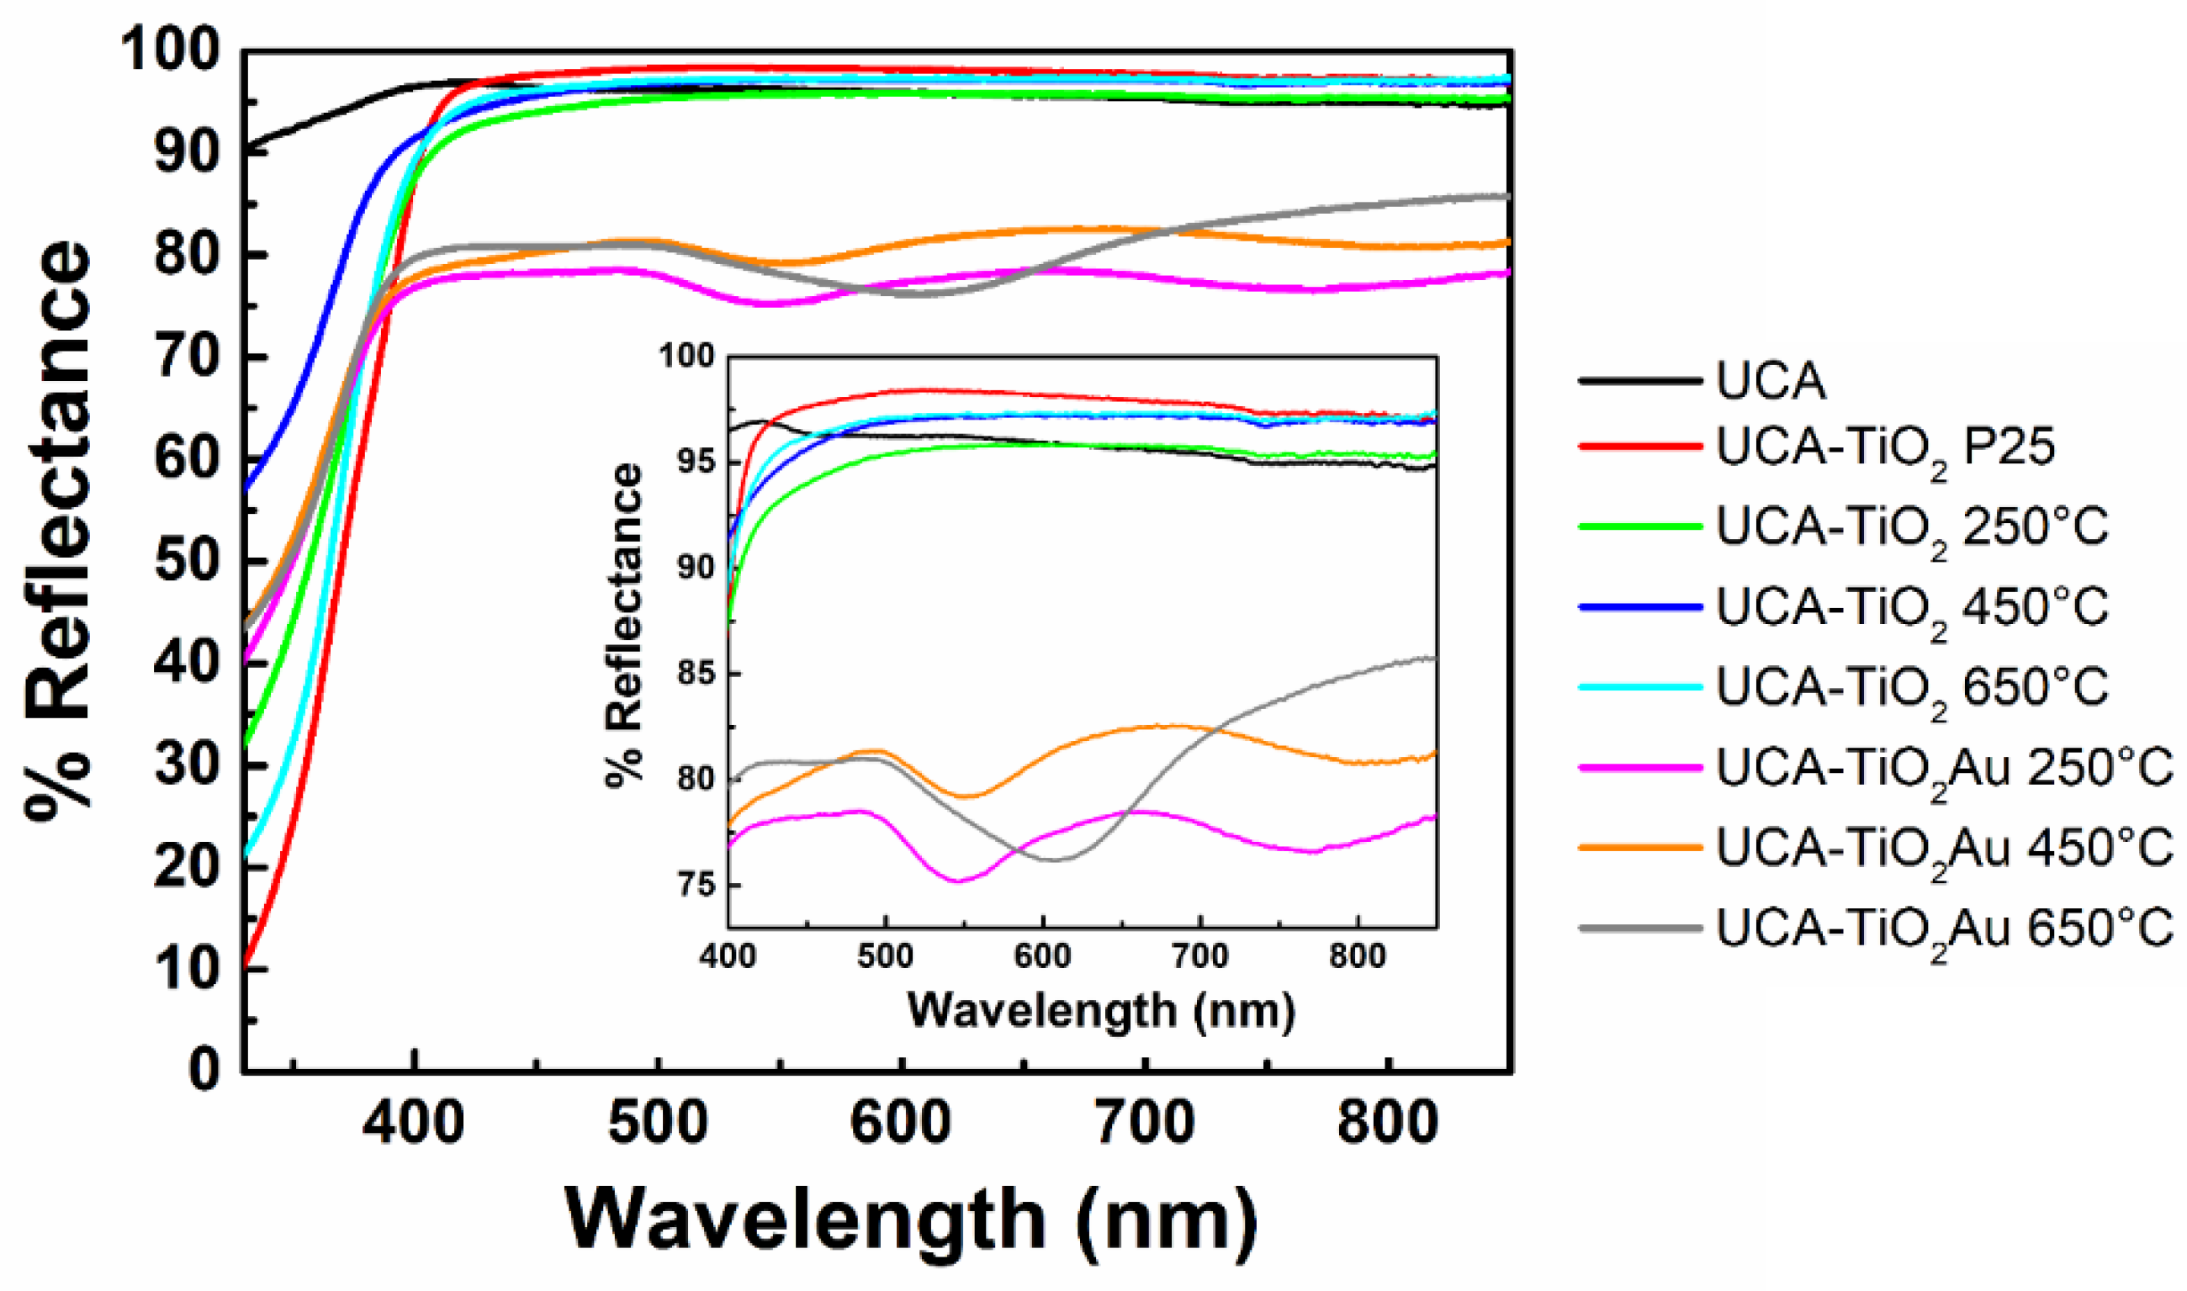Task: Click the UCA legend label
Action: point(1770,381)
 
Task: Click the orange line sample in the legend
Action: point(1639,847)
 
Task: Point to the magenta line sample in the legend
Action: point(1639,767)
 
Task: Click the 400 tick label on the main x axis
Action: point(413,1123)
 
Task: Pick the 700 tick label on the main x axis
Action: point(1144,1123)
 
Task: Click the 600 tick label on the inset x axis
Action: point(1042,957)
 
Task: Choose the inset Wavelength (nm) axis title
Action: point(1101,1011)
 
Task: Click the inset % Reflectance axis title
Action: point(625,626)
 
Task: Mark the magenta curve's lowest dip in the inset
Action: point(959,882)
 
